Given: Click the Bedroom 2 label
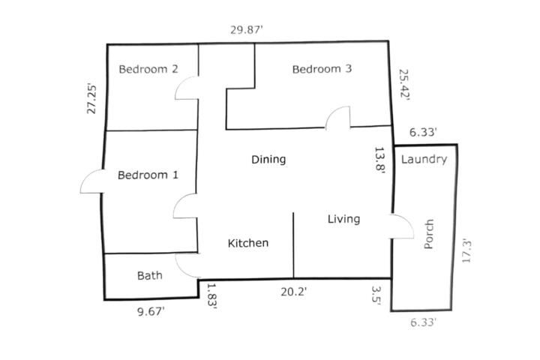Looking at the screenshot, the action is [x=148, y=69].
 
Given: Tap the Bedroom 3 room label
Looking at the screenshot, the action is [x=322, y=69].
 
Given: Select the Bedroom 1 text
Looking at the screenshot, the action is [x=148, y=175].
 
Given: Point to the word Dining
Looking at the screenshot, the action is [x=268, y=160].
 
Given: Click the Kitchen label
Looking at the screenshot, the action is [x=248, y=243].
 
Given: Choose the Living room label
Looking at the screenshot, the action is [x=343, y=219].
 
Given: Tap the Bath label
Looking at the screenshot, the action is [x=150, y=275].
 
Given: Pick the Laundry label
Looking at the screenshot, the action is [x=424, y=159].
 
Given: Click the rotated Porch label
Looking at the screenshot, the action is [x=428, y=234].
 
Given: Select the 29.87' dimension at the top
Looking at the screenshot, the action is [x=247, y=30].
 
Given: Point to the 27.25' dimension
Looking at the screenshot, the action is [x=91, y=99].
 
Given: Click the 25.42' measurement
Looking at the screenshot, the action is [x=404, y=85].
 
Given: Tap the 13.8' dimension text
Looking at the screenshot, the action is [x=379, y=160].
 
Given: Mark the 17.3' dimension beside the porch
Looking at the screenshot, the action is [x=466, y=250].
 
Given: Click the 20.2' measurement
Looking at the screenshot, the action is [x=293, y=292].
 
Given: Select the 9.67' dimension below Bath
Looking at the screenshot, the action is [x=151, y=312].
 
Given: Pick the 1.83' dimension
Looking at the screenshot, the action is [x=211, y=296].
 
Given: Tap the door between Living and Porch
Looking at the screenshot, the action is [x=409, y=223].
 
